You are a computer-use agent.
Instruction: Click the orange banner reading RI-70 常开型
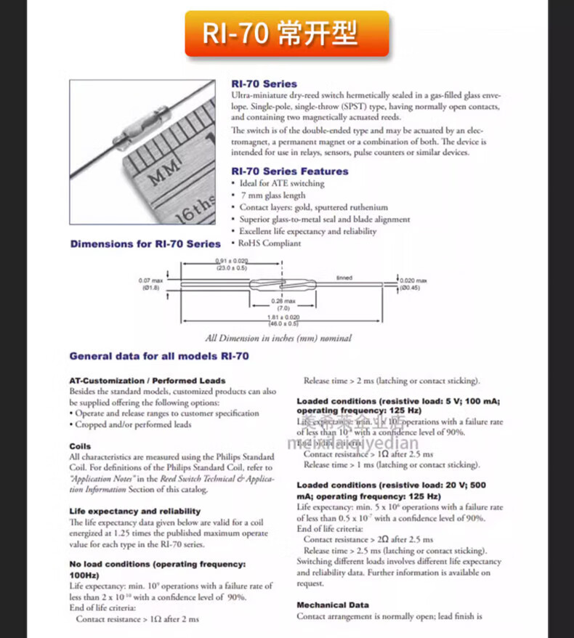point(286,34)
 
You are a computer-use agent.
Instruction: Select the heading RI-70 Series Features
point(289,171)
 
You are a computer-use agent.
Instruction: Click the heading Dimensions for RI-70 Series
point(145,244)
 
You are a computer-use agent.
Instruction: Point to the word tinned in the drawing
point(344,278)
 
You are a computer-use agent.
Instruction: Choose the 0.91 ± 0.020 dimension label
point(231,264)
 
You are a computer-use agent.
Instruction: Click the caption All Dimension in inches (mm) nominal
point(278,338)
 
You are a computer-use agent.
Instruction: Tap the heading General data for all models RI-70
point(159,356)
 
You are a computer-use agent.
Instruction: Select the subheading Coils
point(80,446)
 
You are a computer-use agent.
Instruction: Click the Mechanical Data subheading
point(332,605)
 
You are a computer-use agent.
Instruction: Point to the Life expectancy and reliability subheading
point(134,511)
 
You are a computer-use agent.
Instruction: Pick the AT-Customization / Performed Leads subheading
point(147,380)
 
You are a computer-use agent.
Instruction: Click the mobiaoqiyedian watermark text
point(353,444)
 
